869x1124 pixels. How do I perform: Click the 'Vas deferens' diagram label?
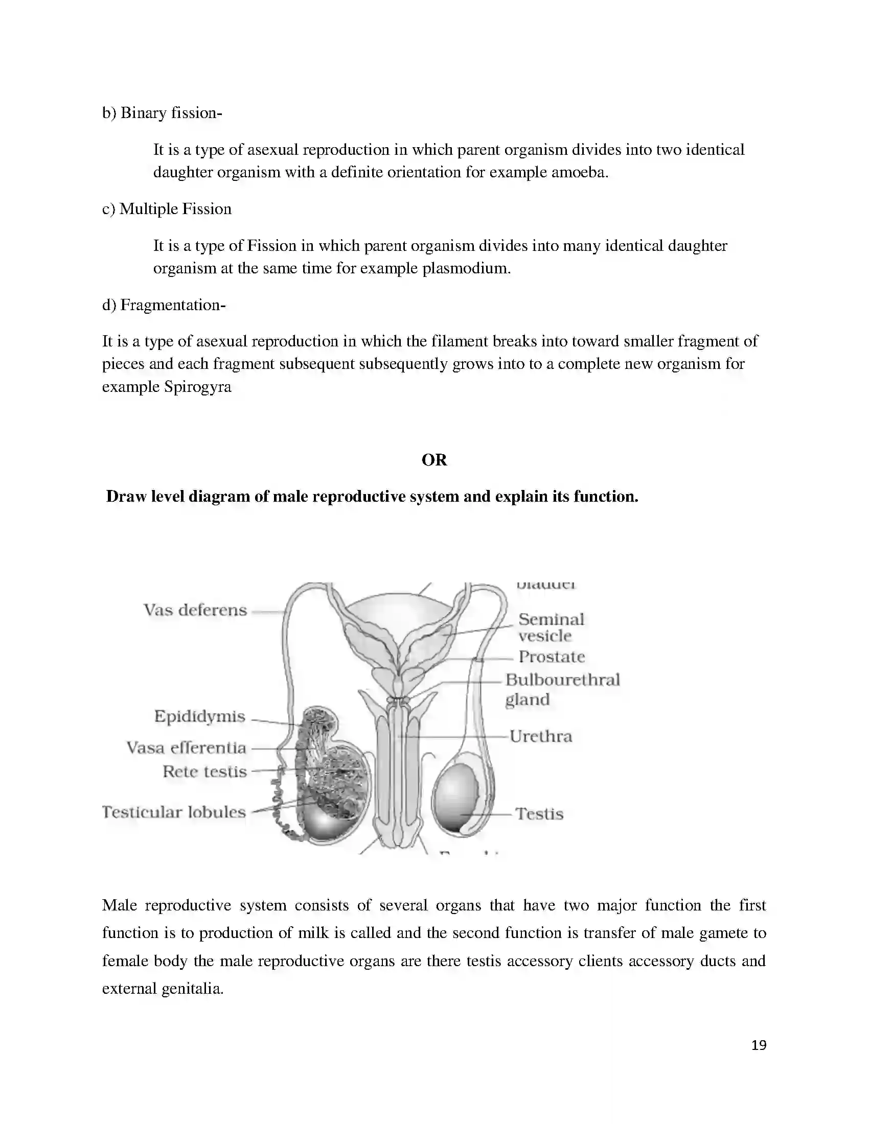[x=195, y=611]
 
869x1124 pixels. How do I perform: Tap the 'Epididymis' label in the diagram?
[x=200, y=716]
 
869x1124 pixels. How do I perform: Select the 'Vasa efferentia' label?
[x=187, y=748]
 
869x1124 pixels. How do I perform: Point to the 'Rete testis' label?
[x=205, y=771]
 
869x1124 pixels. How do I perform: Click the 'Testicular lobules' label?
[x=174, y=812]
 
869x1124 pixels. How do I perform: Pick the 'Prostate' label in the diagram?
[x=552, y=657]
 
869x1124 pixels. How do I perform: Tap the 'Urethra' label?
[x=540, y=736]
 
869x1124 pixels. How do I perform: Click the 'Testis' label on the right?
[x=539, y=814]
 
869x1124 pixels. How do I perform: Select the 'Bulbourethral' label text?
[x=562, y=680]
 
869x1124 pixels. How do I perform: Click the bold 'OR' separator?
[x=434, y=460]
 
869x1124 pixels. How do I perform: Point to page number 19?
[x=759, y=1045]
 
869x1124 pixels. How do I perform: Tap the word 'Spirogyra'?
[x=198, y=387]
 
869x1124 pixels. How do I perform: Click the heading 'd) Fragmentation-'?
[x=164, y=305]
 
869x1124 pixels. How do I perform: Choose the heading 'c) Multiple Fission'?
[x=167, y=209]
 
